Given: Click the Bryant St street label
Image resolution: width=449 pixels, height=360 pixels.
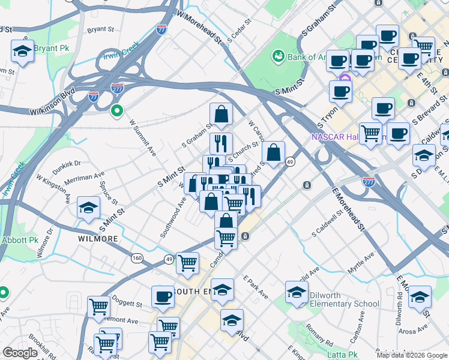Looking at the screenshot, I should [x=100, y=29].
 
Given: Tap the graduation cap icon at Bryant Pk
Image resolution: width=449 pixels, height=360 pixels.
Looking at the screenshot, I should [x=22, y=51].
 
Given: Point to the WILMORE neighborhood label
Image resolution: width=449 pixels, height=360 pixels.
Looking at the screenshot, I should [x=98, y=239].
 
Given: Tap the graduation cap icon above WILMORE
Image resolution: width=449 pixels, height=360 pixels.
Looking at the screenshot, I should [x=89, y=208].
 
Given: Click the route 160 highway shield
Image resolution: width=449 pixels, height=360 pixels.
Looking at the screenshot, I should [x=137, y=258].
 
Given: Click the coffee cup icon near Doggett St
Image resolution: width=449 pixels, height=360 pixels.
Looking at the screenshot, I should [x=163, y=296].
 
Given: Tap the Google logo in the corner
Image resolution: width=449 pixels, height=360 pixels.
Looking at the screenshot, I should [x=20, y=353].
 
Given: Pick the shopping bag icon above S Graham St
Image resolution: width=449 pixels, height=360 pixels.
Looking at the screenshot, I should [x=221, y=114].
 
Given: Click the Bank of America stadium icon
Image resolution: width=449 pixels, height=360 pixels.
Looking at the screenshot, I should [x=279, y=56].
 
